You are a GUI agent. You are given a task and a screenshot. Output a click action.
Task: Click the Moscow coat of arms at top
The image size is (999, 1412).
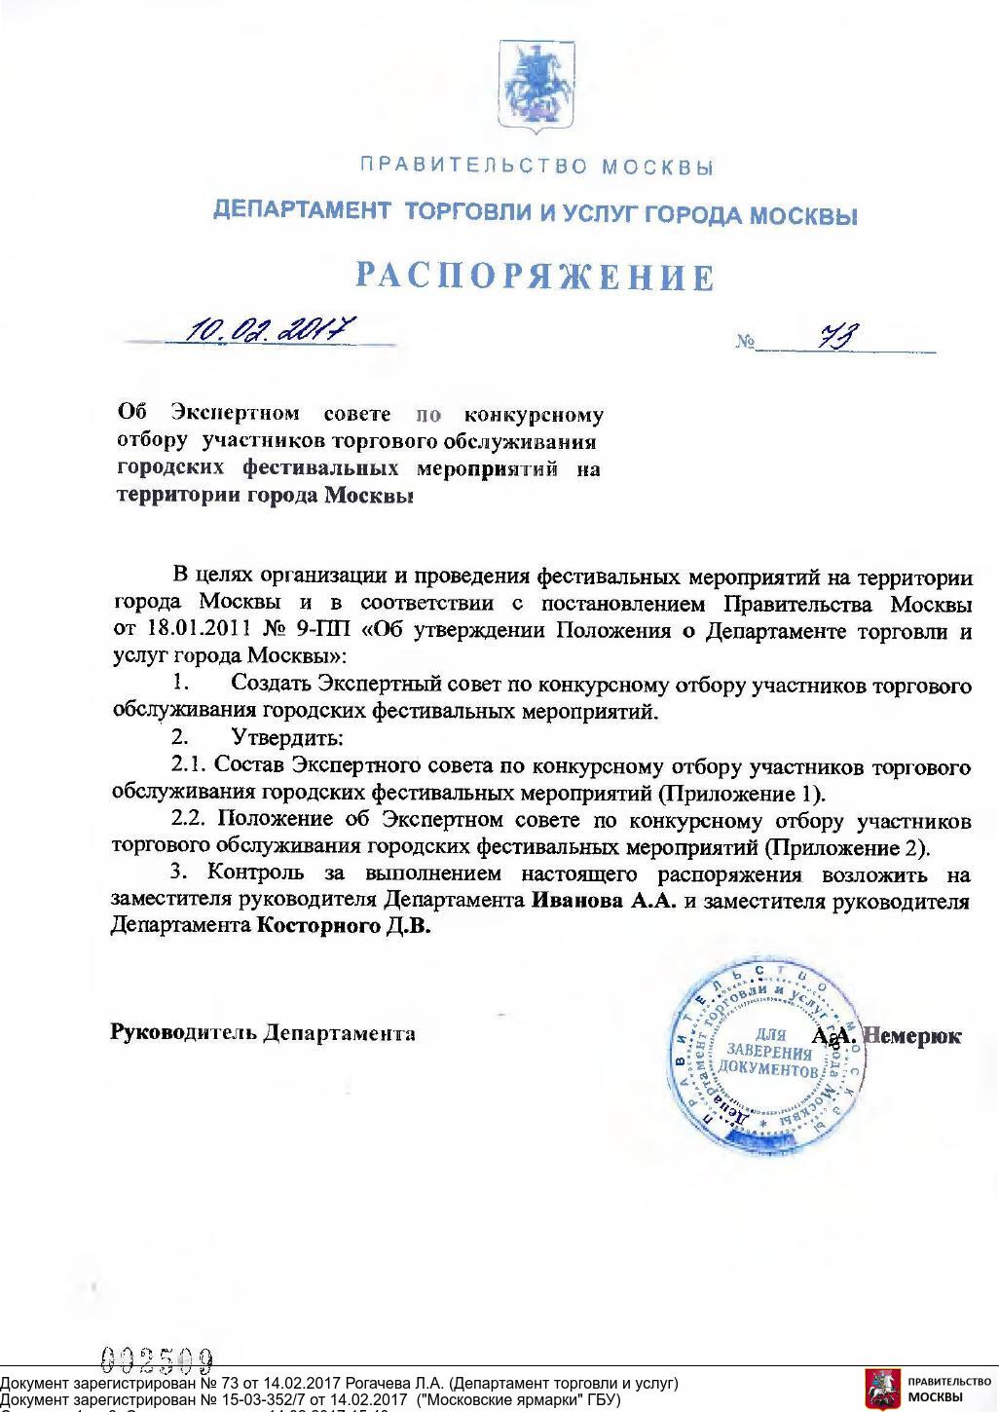click(x=534, y=86)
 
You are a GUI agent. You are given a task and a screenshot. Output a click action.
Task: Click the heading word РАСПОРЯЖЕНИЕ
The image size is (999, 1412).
click(x=535, y=277)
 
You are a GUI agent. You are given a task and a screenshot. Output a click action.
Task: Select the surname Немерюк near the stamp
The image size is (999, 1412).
click(x=913, y=1036)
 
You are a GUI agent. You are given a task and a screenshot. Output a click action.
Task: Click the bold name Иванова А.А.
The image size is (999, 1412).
click(x=604, y=901)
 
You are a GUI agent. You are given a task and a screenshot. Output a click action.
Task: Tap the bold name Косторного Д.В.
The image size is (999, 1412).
click(x=343, y=926)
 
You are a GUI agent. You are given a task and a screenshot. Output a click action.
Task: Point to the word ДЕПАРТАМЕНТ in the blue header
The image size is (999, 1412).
click(x=302, y=210)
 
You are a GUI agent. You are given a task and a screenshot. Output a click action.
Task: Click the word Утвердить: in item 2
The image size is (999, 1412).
click(x=287, y=738)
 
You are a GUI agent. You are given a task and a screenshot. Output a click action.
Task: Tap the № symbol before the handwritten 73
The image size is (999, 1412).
click(x=747, y=342)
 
